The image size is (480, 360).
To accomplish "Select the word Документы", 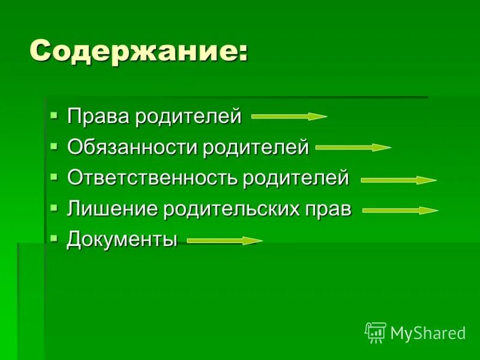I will (x=122, y=241).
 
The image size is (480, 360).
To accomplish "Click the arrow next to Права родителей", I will (x=289, y=116).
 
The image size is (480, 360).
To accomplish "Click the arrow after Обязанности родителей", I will (x=353, y=147).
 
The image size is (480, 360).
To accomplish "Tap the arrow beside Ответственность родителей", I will (x=398, y=179).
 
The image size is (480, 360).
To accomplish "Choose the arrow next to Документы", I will (x=225, y=241).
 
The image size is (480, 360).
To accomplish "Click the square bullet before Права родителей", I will (x=55, y=113).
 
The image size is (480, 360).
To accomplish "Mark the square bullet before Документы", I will (x=55, y=238).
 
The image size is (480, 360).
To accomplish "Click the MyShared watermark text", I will (x=428, y=333).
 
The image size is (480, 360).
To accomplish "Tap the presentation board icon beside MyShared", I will (x=375, y=332).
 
